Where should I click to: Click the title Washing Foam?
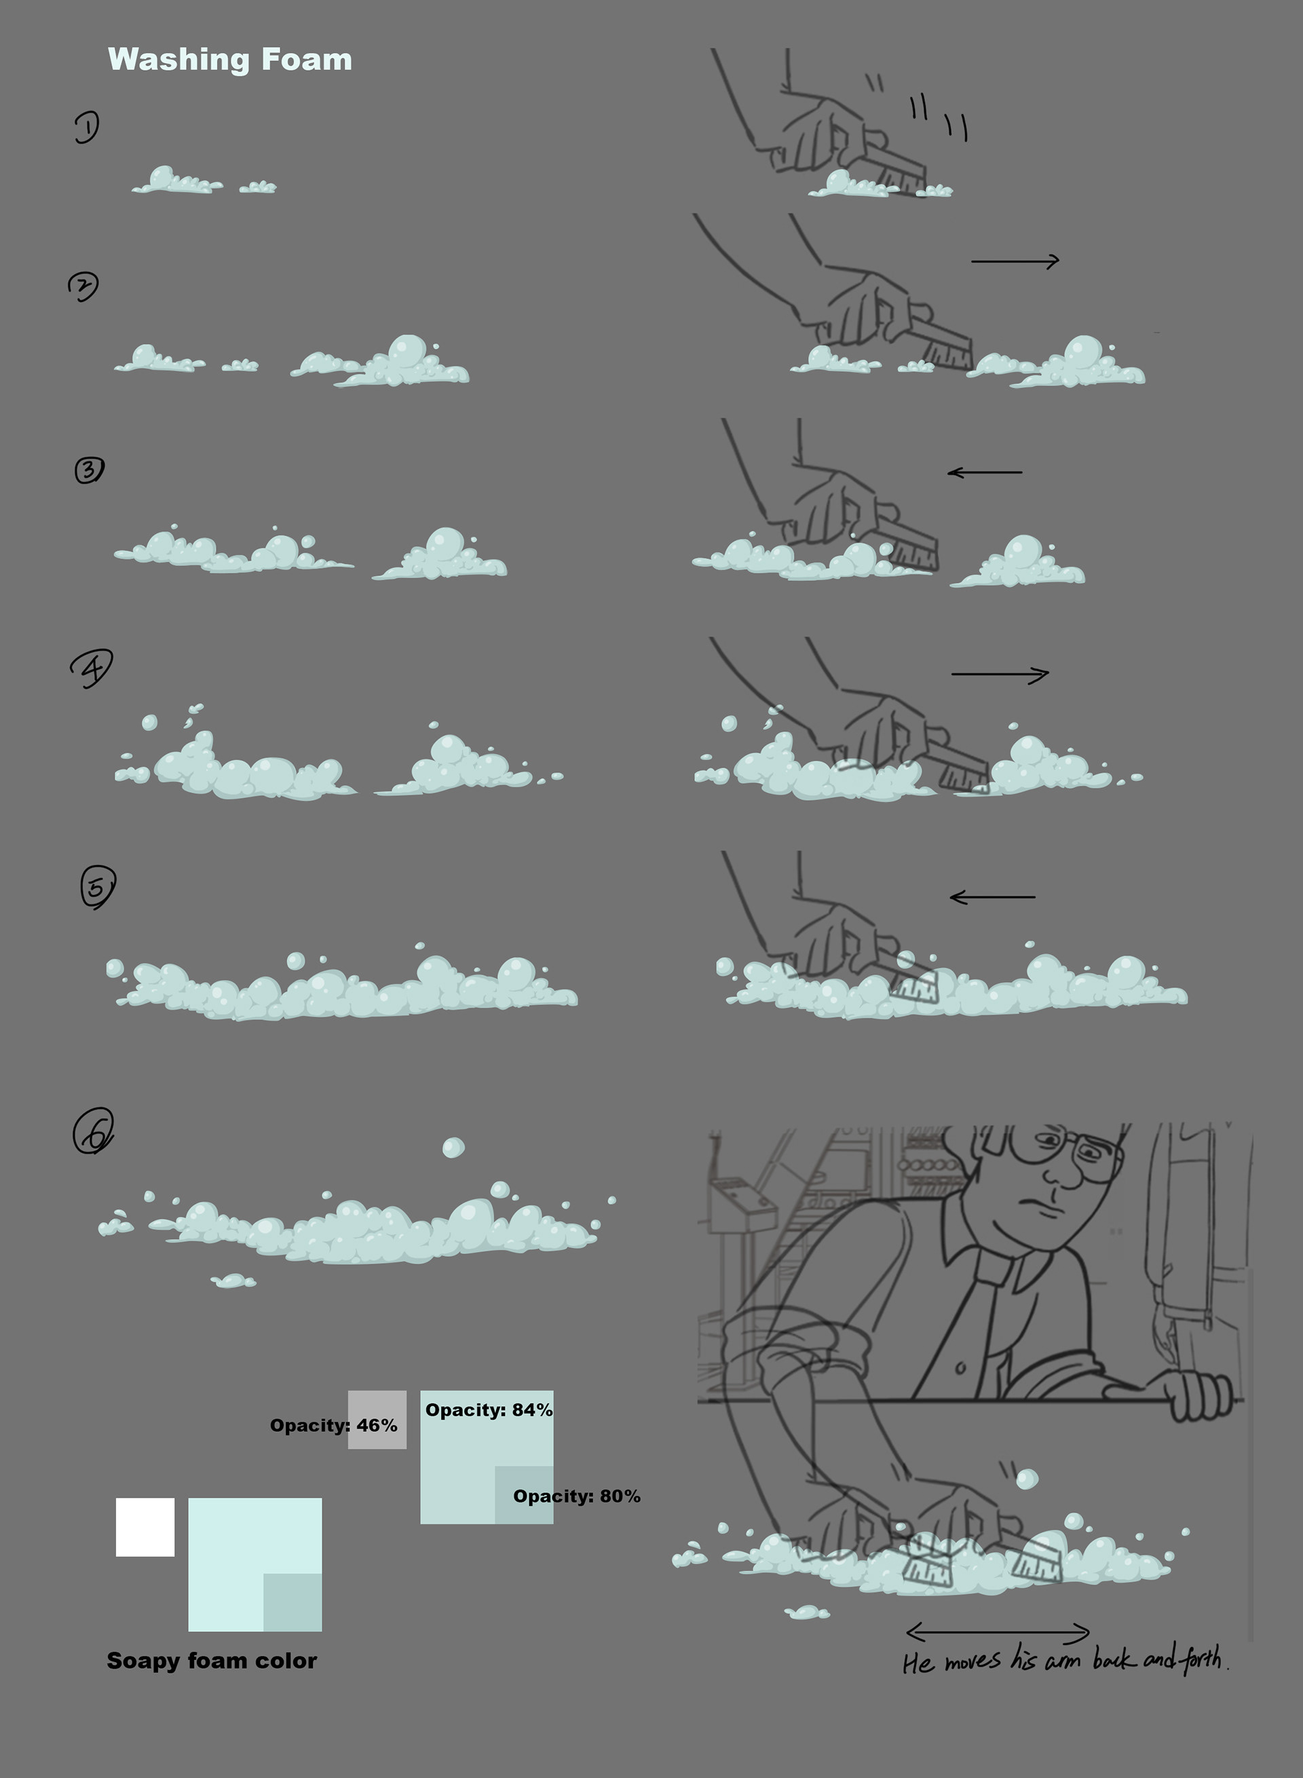click(229, 60)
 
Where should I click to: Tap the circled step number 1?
click(87, 127)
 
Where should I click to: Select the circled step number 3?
click(89, 470)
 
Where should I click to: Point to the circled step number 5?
click(98, 887)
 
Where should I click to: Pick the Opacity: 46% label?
click(333, 1425)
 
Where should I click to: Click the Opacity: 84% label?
click(488, 1410)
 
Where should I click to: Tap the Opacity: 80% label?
click(575, 1496)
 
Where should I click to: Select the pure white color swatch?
click(145, 1527)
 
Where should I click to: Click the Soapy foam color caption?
click(211, 1661)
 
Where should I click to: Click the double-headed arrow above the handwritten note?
click(998, 1631)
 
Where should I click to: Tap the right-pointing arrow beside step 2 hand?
click(1015, 261)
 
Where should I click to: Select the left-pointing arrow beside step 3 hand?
click(984, 472)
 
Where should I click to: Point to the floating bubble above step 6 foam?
click(453, 1148)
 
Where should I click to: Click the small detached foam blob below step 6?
click(233, 1281)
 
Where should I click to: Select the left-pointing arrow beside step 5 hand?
click(992, 897)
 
